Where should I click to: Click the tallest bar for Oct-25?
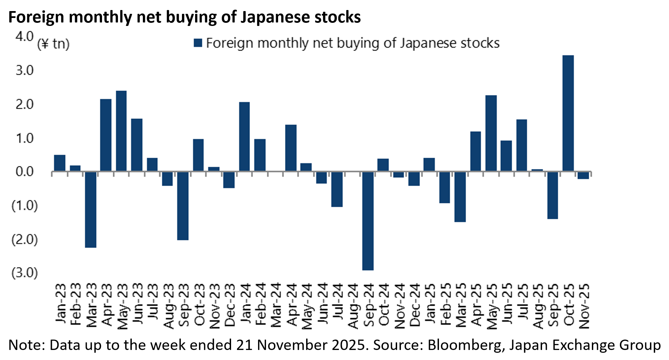click(x=568, y=113)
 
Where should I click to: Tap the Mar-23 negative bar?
click(x=91, y=210)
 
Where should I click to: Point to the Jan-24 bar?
click(x=244, y=137)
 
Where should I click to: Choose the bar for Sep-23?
click(x=183, y=206)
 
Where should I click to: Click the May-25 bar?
click(x=491, y=133)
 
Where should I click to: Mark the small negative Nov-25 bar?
click(x=583, y=175)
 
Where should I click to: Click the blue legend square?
click(x=198, y=43)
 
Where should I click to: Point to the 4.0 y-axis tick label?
click(x=24, y=36)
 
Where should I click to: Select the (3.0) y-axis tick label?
click(x=24, y=273)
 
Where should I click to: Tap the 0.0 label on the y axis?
click(x=24, y=172)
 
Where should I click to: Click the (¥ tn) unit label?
click(x=53, y=44)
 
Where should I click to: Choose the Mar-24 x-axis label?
click(x=276, y=306)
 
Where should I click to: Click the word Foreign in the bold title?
click(x=36, y=17)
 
